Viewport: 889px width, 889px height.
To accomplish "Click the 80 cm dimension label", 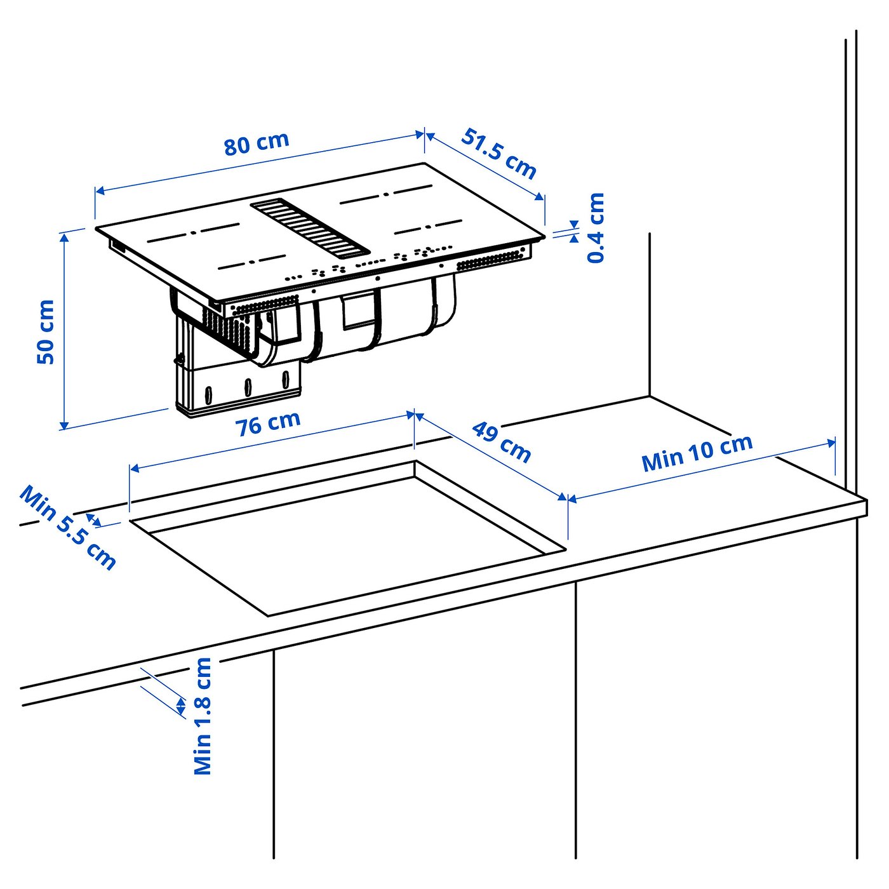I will (x=257, y=144).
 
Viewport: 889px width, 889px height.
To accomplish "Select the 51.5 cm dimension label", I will (x=499, y=154).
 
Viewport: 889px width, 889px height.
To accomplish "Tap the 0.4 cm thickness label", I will (x=596, y=228).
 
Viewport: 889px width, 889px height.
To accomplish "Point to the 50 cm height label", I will (x=46, y=331).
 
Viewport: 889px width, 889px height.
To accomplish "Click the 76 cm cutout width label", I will (x=269, y=423).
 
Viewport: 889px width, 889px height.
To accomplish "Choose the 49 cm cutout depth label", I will (x=501, y=442).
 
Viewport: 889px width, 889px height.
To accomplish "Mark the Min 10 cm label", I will (x=697, y=452).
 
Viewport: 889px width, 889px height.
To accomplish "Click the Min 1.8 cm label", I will (x=203, y=716).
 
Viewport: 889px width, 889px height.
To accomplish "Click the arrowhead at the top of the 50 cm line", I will (x=63, y=237).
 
